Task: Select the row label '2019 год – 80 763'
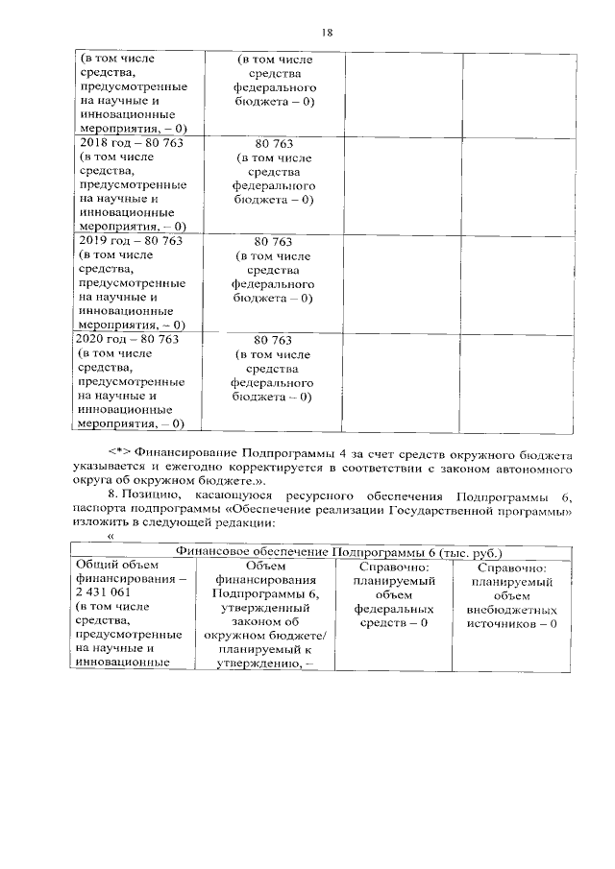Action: (130, 241)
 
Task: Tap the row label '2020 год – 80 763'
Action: (131, 339)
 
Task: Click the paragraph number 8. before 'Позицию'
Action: (113, 495)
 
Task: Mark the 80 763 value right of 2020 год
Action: (273, 340)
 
